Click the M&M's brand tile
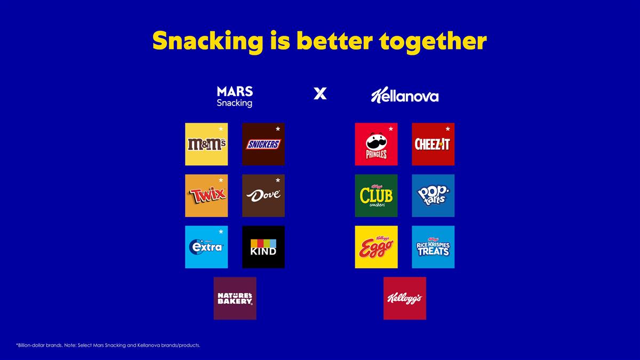(206, 144)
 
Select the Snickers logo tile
(263, 144)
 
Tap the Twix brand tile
(206, 196)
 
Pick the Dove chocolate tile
(263, 196)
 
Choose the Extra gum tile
(206, 247)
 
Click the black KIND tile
(263, 247)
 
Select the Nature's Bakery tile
(235, 298)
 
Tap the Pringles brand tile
(376, 144)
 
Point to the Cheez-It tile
(433, 144)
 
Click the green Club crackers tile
(376, 196)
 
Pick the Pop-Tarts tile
(433, 196)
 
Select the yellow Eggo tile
(376, 247)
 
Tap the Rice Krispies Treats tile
(433, 247)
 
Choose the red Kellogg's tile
(405, 298)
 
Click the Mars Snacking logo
(235, 96)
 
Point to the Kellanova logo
(405, 96)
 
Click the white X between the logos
(320, 94)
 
